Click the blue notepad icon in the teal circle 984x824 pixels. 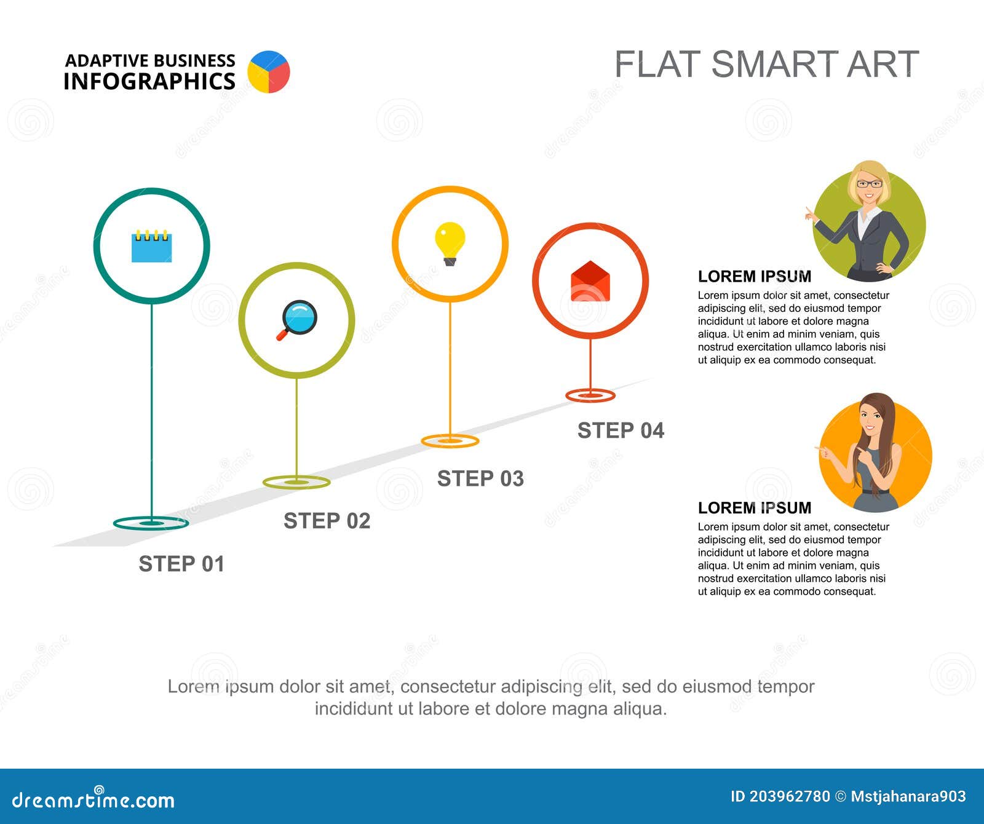point(151,247)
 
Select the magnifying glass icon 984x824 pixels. point(297,319)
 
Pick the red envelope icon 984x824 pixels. point(590,282)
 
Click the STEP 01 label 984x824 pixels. point(181,564)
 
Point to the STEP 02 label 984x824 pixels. point(327,521)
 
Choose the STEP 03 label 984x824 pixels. point(480,478)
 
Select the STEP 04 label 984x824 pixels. point(621,430)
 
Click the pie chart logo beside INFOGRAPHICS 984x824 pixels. point(269,72)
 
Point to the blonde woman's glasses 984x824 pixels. point(869,184)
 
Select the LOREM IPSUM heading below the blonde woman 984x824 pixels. point(754,276)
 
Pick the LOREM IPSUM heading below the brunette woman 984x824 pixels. point(754,508)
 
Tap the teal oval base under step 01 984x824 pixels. point(151,523)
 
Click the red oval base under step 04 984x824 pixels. point(590,395)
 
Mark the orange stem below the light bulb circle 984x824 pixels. point(450,369)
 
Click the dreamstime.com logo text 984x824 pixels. point(93,799)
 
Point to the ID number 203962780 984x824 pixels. point(789,797)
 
